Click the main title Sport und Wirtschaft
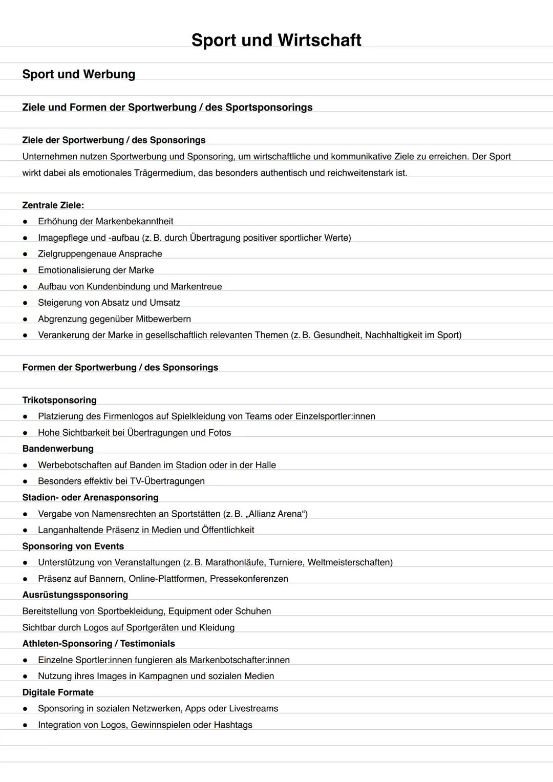[x=276, y=40]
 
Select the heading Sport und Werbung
[x=78, y=74]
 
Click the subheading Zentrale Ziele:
[x=53, y=205]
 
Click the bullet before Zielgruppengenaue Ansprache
[x=25, y=254]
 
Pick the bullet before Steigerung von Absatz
[x=25, y=303]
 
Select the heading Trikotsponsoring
[x=59, y=400]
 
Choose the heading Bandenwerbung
[x=58, y=449]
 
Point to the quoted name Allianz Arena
[x=276, y=514]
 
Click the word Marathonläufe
[x=234, y=562]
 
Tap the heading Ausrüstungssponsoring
[x=75, y=595]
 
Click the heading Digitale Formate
[x=58, y=692]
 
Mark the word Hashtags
[x=233, y=725]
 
